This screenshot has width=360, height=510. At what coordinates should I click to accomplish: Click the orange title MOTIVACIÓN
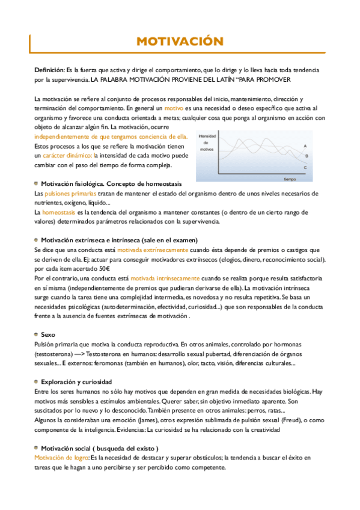coord(180,41)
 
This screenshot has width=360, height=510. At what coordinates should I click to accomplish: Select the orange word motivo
coord(174,108)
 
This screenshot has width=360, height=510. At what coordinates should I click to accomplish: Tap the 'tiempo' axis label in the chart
coord(290,179)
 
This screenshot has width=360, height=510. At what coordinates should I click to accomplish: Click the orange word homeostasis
coord(59,212)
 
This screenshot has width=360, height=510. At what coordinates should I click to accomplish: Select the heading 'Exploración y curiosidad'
coord(76,381)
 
